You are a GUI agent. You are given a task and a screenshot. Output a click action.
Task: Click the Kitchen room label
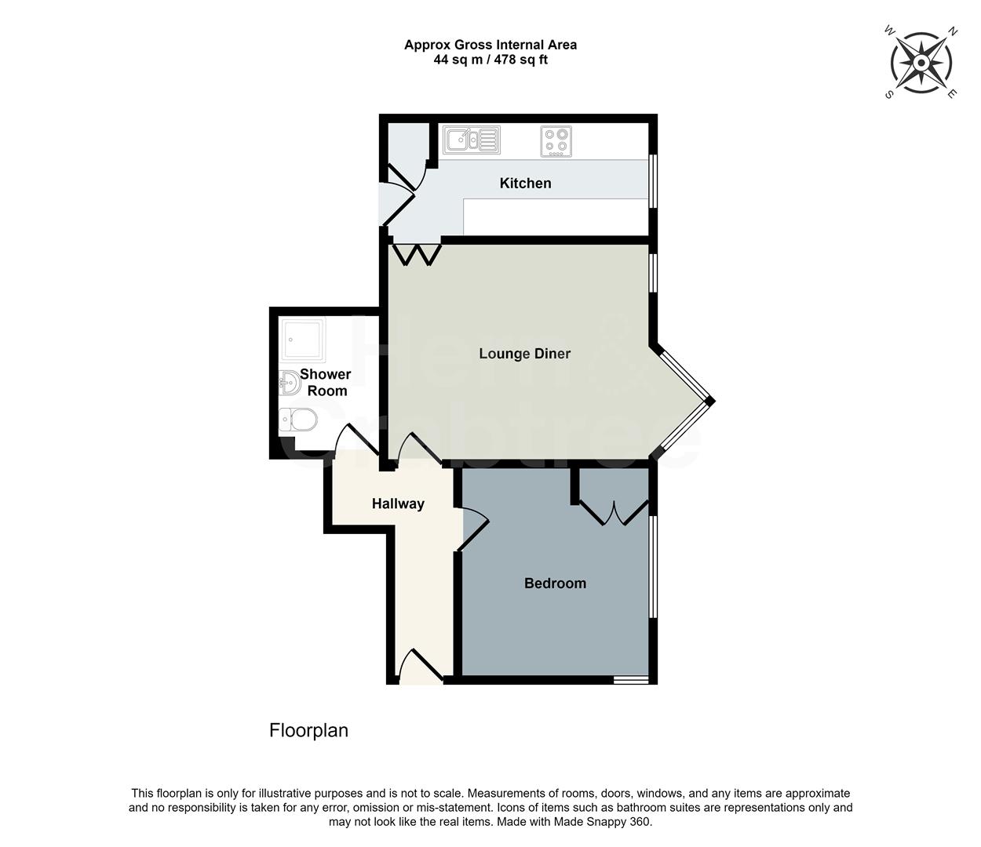[x=525, y=184]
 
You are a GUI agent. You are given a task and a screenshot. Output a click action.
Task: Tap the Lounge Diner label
[x=524, y=354]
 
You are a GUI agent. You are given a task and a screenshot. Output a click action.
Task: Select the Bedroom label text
[x=555, y=583]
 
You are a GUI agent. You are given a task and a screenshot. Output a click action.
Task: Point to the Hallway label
[x=398, y=504]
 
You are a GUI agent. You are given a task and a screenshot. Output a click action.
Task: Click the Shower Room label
[x=326, y=383]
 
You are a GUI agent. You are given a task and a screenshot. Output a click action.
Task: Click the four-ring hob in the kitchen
[x=556, y=141]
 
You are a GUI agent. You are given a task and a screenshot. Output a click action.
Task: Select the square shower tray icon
[x=302, y=340]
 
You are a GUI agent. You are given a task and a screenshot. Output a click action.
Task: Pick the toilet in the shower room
[x=298, y=420]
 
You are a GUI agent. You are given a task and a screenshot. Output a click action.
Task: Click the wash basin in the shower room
[x=289, y=384]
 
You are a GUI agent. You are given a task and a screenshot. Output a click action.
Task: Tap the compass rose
[x=921, y=63]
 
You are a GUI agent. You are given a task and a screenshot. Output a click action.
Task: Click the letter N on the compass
[x=953, y=32]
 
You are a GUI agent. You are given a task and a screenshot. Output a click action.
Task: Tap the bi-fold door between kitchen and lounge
[x=416, y=254]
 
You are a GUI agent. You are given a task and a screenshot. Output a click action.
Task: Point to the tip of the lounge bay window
[x=709, y=402]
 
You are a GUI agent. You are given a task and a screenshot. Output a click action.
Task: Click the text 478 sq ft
[x=521, y=60]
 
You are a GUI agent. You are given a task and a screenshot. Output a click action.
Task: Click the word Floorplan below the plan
[x=308, y=731]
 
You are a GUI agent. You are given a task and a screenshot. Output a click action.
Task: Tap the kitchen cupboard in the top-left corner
[x=404, y=146]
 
